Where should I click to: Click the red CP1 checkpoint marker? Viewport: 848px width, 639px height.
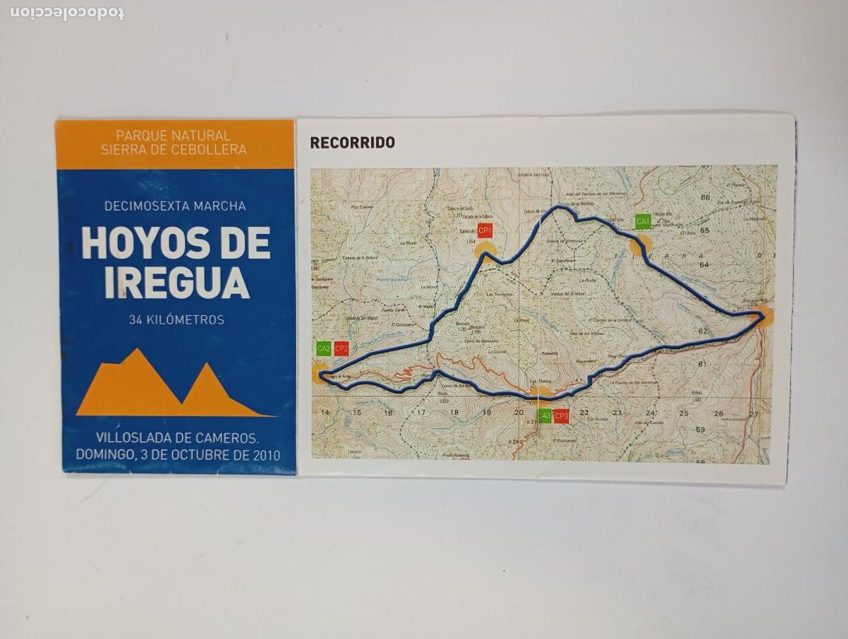click(x=485, y=231)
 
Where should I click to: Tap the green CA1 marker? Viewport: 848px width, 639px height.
click(x=642, y=222)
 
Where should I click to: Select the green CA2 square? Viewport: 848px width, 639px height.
click(x=324, y=348)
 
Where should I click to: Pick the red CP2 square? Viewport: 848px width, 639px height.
click(x=341, y=348)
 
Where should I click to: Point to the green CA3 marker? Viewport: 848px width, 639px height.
click(x=544, y=416)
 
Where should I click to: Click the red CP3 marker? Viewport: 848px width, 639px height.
click(x=562, y=416)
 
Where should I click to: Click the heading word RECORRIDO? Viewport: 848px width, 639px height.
click(x=352, y=143)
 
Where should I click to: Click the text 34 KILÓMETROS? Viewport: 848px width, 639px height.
click(x=176, y=320)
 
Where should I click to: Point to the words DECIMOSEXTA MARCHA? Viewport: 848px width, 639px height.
click(x=175, y=206)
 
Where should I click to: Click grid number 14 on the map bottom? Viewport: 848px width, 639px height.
click(x=325, y=413)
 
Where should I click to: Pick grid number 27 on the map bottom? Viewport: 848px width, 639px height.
click(x=754, y=414)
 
